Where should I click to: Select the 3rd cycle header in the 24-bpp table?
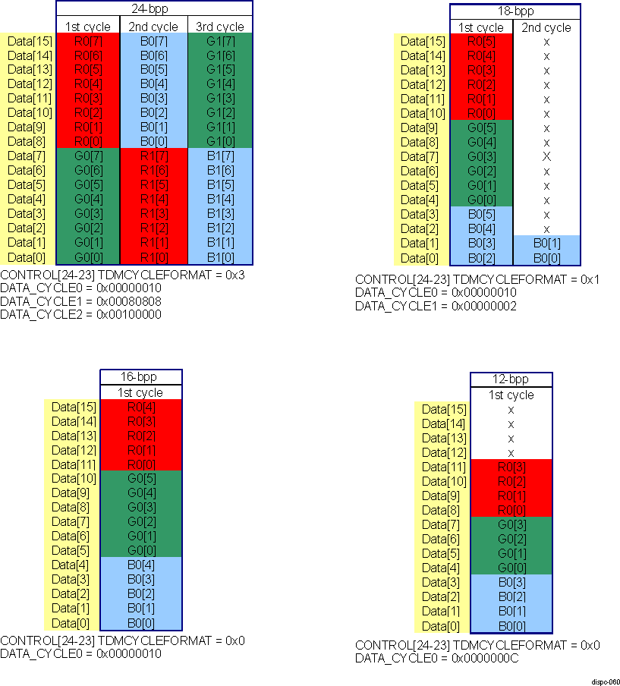click(219, 27)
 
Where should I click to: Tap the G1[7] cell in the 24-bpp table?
click(219, 41)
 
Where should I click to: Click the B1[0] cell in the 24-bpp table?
click(219, 256)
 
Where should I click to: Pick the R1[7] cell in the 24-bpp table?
click(153, 156)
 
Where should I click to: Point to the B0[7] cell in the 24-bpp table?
click(153, 41)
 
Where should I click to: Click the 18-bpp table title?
click(515, 12)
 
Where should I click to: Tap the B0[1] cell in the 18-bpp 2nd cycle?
click(546, 243)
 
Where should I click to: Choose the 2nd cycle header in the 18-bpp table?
click(546, 27)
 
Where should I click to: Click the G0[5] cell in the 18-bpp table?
click(482, 127)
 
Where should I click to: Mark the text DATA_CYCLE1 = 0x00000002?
click(436, 306)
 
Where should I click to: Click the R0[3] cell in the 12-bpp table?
click(511, 467)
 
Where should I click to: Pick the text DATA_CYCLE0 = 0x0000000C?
click(437, 659)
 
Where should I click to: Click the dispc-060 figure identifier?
click(604, 681)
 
